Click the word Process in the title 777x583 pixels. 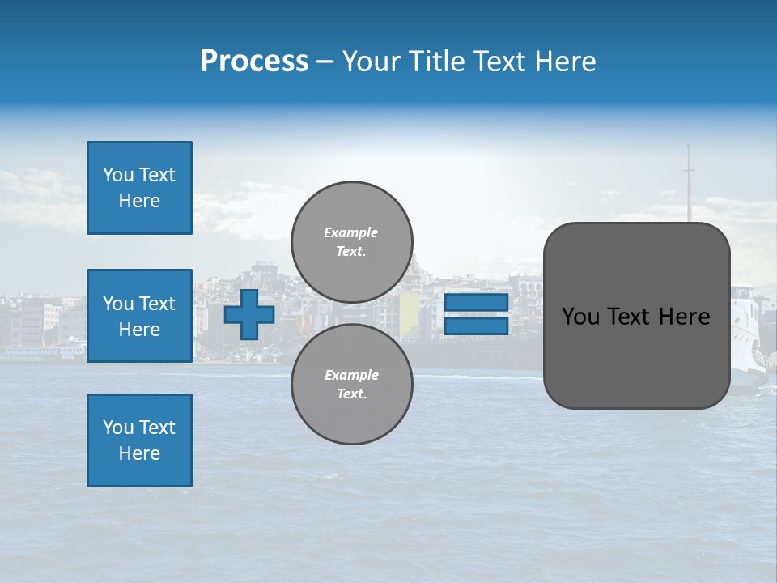click(254, 62)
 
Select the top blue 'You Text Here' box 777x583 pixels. click(139, 188)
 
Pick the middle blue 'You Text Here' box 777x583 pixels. click(139, 316)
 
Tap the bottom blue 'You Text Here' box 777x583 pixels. click(139, 440)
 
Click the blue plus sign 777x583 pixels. click(249, 315)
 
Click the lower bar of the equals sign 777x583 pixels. click(476, 326)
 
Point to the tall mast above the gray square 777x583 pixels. click(690, 182)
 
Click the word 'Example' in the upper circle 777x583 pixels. click(351, 232)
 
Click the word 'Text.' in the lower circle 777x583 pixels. click(351, 394)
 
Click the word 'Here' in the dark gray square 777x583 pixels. click(684, 317)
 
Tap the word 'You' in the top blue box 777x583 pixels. click(118, 175)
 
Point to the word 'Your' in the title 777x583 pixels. click(370, 62)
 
